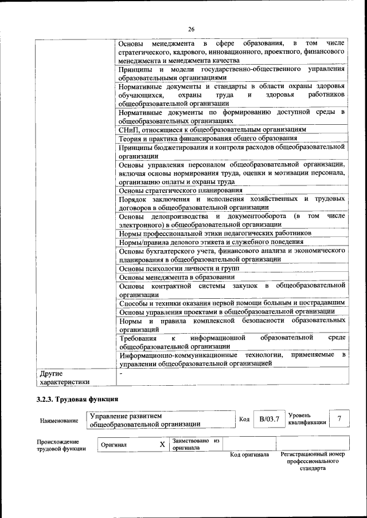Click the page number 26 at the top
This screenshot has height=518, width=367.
(191, 29)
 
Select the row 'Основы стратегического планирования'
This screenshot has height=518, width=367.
(180, 190)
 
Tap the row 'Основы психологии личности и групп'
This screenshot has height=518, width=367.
(178, 268)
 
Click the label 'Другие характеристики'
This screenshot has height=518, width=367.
(64, 378)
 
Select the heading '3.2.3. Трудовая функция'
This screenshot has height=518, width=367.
(77, 400)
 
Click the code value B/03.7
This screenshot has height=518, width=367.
(269, 419)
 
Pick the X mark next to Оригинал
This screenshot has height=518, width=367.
(162, 444)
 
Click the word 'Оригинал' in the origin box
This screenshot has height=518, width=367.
(114, 445)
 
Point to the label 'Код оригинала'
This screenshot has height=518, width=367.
(249, 454)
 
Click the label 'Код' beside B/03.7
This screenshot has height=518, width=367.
(244, 420)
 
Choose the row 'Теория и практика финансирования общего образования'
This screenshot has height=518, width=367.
(208, 138)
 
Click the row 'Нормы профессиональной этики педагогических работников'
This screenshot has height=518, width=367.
(215, 234)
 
